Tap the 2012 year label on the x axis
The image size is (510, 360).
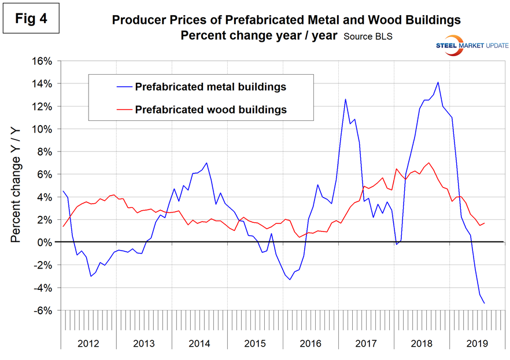tap(88, 343)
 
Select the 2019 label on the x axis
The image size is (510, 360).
tap(476, 343)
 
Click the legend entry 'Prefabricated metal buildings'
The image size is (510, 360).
tap(210, 87)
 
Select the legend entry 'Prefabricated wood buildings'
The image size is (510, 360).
tap(210, 108)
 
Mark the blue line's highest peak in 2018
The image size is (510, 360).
tap(438, 82)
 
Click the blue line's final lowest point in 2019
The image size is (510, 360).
tap(484, 303)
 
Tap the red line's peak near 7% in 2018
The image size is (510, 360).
tap(428, 163)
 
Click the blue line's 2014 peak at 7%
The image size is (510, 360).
tap(206, 163)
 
